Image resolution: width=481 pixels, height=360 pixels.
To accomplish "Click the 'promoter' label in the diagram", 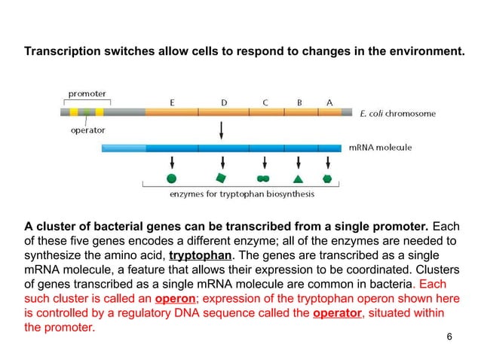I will pyautogui.click(x=87, y=94).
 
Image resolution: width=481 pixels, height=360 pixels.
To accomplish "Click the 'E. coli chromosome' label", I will pyautogui.click(x=398, y=114).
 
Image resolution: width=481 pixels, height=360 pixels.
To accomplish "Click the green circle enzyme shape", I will pyautogui.click(x=172, y=178).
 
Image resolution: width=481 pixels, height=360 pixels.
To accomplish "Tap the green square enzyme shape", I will pyautogui.click(x=221, y=178).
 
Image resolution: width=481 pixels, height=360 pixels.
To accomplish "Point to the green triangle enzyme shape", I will pyautogui.click(x=298, y=179).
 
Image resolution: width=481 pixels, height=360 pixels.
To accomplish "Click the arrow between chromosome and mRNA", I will pyautogui.click(x=221, y=130).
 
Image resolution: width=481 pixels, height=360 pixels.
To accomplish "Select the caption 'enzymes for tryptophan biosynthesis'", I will pyautogui.click(x=240, y=194).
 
